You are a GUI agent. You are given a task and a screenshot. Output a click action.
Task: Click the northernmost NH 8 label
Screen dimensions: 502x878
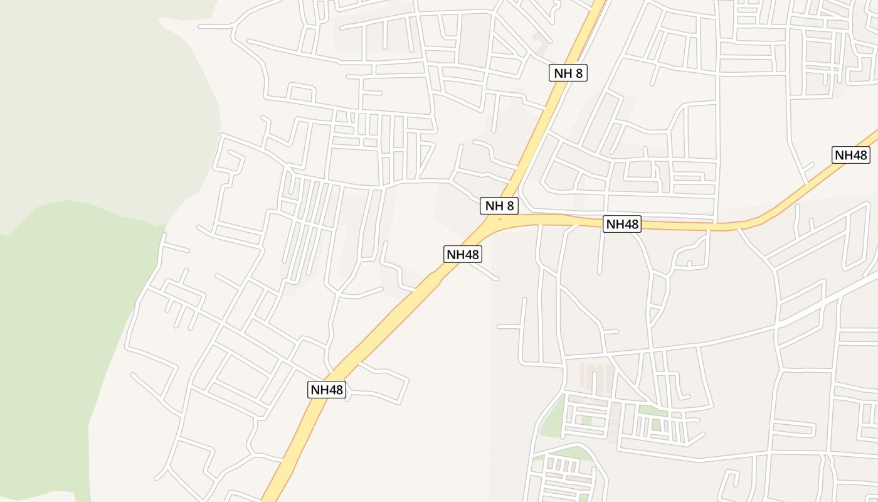pyautogui.click(x=569, y=73)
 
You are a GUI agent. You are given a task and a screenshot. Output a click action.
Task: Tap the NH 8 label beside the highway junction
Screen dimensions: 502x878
pyautogui.click(x=499, y=205)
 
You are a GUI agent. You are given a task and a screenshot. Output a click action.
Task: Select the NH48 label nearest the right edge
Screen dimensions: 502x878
pyautogui.click(x=850, y=155)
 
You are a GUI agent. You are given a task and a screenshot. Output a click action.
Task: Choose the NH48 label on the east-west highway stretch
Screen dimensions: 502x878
pyautogui.click(x=622, y=224)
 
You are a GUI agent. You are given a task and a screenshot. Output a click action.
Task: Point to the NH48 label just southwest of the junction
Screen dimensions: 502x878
pyautogui.click(x=463, y=254)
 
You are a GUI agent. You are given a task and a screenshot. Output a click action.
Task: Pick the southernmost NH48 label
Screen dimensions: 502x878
pyautogui.click(x=327, y=390)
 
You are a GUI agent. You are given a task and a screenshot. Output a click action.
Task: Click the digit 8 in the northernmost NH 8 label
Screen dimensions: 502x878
pyautogui.click(x=579, y=73)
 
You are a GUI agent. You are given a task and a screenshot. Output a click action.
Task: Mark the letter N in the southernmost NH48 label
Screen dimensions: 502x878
pyautogui.click(x=315, y=390)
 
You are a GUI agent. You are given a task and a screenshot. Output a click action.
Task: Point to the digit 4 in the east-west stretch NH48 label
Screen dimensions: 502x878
pyautogui.click(x=627, y=224)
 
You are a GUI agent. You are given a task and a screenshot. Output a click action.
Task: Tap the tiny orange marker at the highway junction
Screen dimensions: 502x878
pyautogui.click(x=499, y=219)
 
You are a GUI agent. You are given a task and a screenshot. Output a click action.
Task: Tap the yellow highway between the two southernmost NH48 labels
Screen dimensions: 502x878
pyautogui.click(x=395, y=320)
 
